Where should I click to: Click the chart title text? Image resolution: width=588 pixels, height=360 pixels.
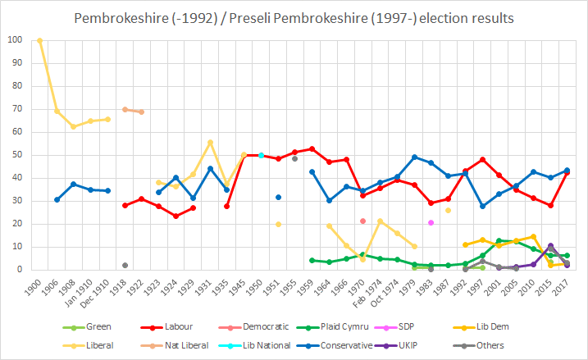pyautogui.click(x=294, y=17)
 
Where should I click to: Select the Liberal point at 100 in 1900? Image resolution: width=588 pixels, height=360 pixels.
pyautogui.click(x=39, y=40)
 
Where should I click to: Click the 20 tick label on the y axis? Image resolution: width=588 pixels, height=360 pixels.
pyautogui.click(x=16, y=224)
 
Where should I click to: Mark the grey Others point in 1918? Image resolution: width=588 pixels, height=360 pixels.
pyautogui.click(x=125, y=265)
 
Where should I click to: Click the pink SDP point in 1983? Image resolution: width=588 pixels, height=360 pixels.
pyautogui.click(x=431, y=222)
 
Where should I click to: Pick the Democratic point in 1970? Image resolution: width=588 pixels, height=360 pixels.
pyautogui.click(x=362, y=221)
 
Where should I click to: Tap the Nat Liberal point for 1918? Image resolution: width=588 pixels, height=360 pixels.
pyautogui.click(x=125, y=109)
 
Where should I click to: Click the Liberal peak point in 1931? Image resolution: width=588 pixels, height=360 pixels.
pyautogui.click(x=210, y=142)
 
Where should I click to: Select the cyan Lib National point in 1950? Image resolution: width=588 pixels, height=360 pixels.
pyautogui.click(x=261, y=155)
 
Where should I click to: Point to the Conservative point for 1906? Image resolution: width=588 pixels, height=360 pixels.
pyautogui.click(x=57, y=199)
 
